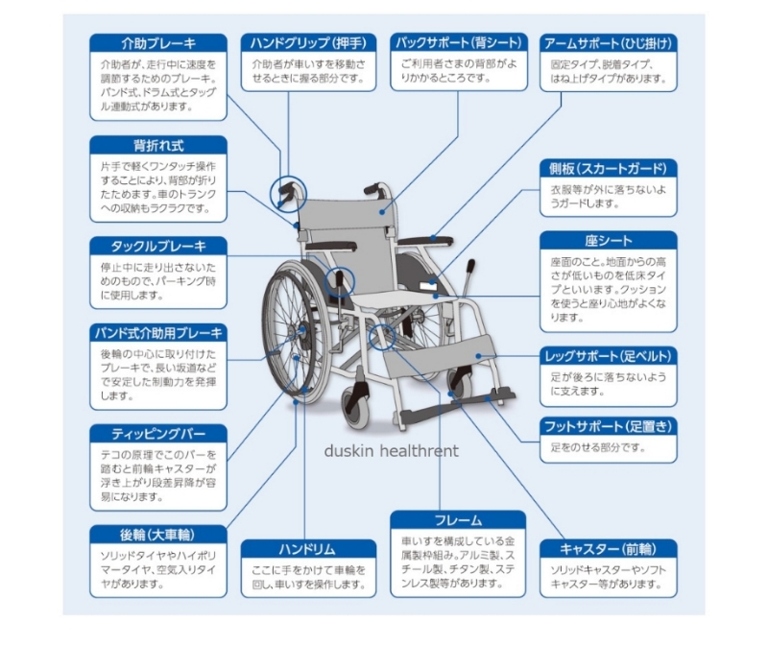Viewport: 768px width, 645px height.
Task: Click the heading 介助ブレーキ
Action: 159,43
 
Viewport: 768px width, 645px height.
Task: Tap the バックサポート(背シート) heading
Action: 460,43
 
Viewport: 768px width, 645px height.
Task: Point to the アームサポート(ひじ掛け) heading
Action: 609,43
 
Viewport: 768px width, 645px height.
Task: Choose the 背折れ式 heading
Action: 159,146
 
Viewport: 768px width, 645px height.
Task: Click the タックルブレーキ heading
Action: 159,246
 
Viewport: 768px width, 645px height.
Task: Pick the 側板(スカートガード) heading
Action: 609,169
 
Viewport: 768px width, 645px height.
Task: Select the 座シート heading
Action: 609,241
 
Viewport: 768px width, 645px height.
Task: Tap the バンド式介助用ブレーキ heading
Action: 159,333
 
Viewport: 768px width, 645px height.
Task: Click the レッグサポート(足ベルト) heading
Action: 609,356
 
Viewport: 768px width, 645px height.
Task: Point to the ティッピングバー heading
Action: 159,433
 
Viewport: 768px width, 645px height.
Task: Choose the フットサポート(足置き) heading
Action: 609,425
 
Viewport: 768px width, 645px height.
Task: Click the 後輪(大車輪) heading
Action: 159,534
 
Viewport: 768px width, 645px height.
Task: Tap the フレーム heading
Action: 459,520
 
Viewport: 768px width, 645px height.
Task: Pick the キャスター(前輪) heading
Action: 609,549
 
